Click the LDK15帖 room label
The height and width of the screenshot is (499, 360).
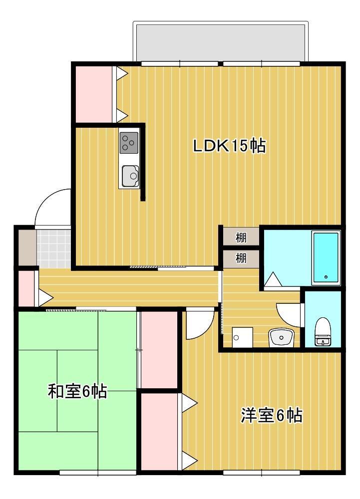click(x=229, y=146)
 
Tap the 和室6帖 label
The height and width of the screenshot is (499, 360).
click(x=77, y=391)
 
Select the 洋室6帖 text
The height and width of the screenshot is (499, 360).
click(x=272, y=415)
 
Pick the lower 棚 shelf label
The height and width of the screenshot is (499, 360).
click(x=241, y=258)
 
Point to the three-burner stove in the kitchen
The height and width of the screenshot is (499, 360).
click(x=129, y=142)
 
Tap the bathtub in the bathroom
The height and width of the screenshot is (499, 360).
click(x=326, y=257)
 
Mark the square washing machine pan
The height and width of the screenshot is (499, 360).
click(x=243, y=337)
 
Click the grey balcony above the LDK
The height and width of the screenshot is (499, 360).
click(x=220, y=41)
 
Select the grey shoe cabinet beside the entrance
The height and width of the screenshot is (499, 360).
click(x=26, y=247)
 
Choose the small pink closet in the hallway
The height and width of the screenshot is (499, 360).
click(x=26, y=289)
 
